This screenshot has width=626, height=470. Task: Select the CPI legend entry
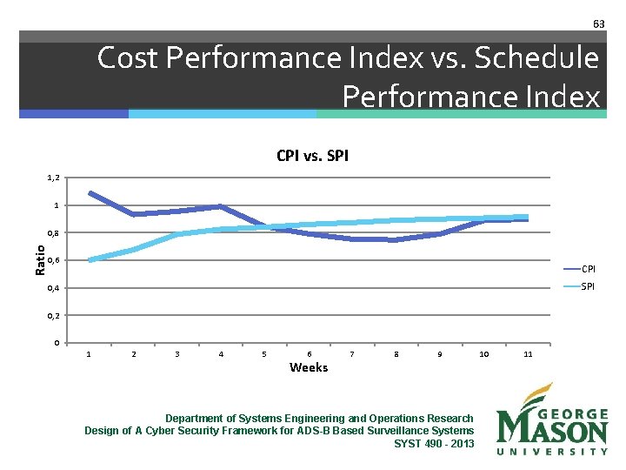point(588,268)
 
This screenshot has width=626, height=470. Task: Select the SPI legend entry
point(588,286)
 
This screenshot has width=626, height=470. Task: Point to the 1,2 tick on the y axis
point(53,178)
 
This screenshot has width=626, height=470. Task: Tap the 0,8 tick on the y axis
point(53,233)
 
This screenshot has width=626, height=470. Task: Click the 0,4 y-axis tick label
point(53,288)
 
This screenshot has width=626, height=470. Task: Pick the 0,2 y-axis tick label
point(53,315)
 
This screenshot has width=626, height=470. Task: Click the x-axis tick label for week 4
point(221,354)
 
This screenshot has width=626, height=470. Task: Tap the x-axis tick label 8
point(396,354)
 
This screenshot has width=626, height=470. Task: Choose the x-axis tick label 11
point(528,354)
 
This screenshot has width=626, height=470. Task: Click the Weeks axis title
point(309,367)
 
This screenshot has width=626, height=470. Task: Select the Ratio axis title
point(40,260)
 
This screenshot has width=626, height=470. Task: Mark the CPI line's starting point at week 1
point(90,192)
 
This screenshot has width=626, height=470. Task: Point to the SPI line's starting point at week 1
point(90,259)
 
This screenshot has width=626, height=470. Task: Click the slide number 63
point(598,23)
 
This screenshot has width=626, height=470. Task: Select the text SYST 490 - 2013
point(434,443)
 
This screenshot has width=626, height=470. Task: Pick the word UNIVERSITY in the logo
point(552,451)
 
